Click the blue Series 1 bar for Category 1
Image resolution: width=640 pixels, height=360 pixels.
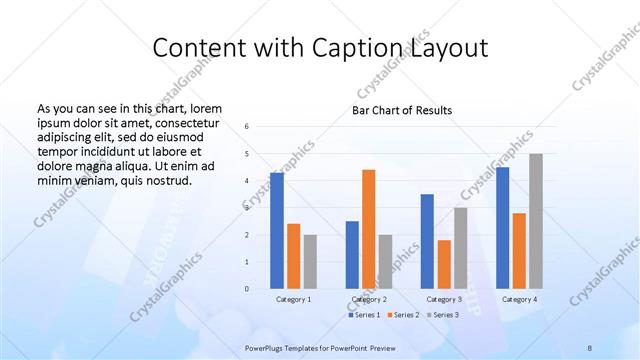coord(276,230)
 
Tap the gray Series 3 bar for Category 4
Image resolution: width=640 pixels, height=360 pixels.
coord(536,221)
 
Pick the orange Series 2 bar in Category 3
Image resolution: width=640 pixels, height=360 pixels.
coord(444,264)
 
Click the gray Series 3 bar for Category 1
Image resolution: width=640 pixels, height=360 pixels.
coord(310,261)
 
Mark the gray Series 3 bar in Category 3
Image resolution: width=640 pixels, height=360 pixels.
coord(460,248)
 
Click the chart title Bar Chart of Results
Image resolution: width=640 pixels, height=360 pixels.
coord(401,110)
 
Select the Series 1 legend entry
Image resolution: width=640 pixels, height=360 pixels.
coord(363,315)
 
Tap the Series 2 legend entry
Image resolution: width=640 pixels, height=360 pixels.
coord(403,315)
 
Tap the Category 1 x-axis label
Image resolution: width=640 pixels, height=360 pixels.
coord(293,299)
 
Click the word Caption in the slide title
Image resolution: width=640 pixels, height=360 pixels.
coord(344,48)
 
